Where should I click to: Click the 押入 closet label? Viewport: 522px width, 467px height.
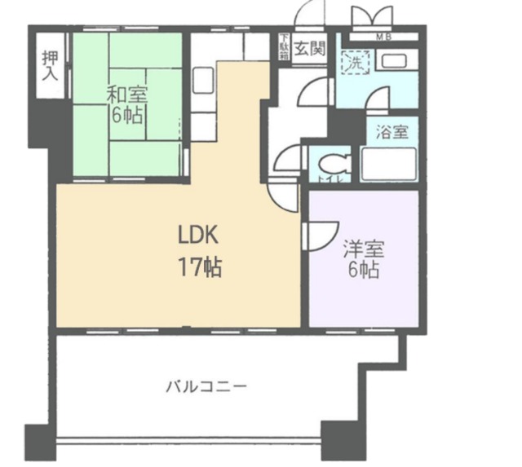(x=49, y=64)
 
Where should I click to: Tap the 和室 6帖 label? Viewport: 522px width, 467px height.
(x=126, y=104)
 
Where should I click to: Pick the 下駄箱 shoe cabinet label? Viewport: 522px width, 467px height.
(x=283, y=46)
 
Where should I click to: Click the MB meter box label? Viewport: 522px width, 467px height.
(x=382, y=37)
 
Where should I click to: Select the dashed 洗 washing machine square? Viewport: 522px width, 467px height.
(x=355, y=62)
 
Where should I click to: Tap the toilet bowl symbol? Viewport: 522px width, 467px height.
(x=334, y=162)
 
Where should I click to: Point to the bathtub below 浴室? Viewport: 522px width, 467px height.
(x=388, y=165)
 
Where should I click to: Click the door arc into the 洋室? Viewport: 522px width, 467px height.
(x=314, y=236)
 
